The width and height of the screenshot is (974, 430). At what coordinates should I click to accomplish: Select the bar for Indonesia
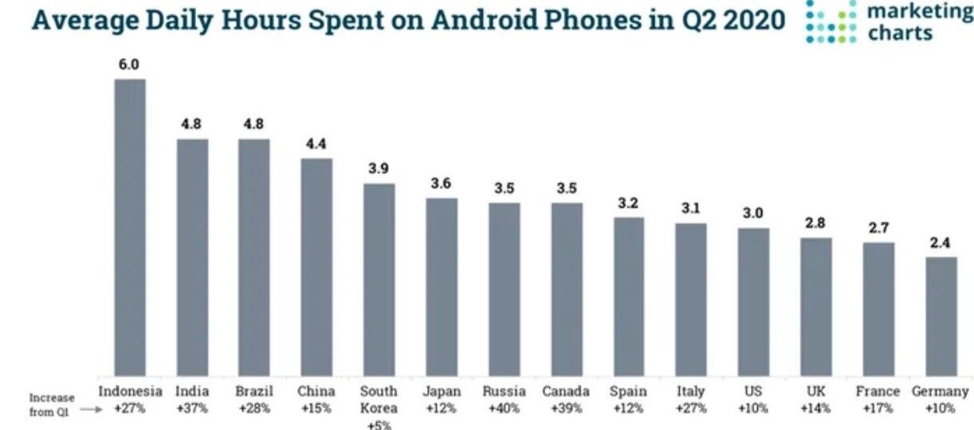[x=130, y=228]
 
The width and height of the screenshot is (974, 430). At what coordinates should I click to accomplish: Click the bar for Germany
[x=941, y=317]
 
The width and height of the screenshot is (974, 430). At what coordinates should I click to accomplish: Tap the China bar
[x=316, y=267]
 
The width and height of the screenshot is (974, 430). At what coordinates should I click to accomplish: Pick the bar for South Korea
[x=379, y=279]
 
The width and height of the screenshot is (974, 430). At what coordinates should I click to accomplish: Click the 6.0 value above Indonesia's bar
[x=129, y=64]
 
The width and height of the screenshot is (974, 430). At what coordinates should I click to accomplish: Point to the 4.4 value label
[x=316, y=144]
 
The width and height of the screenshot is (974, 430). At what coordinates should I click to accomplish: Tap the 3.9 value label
[x=379, y=169]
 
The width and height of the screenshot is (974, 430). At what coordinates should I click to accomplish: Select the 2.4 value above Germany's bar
[x=940, y=243]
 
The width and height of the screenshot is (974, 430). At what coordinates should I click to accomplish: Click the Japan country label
[x=442, y=392]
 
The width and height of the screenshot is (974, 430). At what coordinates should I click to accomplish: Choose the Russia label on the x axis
[x=504, y=392]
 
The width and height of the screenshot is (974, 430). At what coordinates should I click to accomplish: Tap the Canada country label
[x=566, y=392]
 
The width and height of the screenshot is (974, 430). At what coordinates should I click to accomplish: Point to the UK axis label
[x=815, y=392]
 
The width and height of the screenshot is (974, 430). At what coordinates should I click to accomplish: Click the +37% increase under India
[x=192, y=408]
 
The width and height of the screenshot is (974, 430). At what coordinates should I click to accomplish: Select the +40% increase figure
[x=505, y=408]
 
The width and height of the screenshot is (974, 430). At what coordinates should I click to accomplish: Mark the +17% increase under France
[x=878, y=408]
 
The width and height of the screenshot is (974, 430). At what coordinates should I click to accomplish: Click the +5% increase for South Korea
[x=379, y=425]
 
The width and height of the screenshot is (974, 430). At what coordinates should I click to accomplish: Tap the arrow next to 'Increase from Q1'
[x=91, y=409]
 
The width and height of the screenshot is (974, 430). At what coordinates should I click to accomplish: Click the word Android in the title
[x=484, y=20]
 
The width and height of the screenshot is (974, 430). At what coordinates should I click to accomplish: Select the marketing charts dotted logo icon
[x=831, y=22]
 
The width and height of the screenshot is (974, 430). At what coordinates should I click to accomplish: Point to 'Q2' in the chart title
[x=699, y=21]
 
